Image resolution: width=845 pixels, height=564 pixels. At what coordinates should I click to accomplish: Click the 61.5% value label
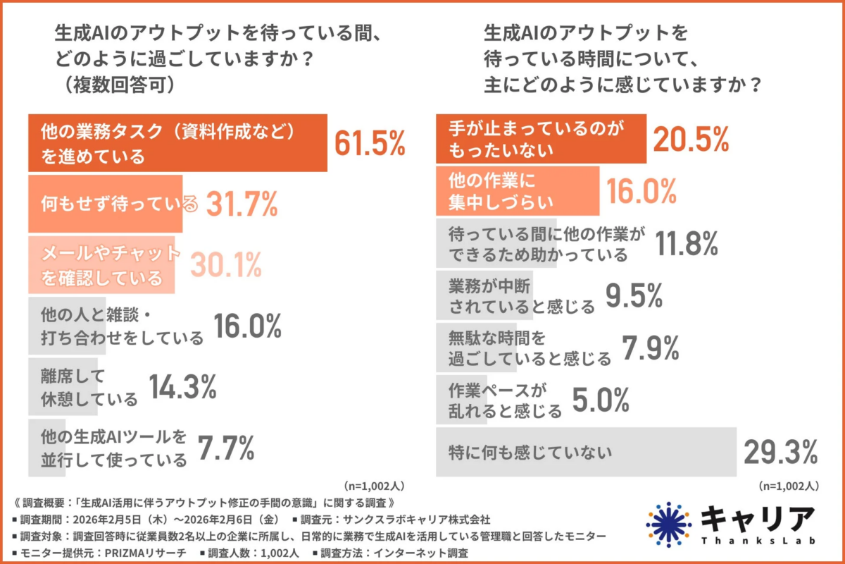[x=370, y=143]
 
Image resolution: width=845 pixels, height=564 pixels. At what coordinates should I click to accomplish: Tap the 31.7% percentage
[x=242, y=204]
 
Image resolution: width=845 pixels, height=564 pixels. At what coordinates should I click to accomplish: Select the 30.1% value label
[x=225, y=264]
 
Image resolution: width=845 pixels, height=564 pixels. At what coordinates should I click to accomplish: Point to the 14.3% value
[x=182, y=386]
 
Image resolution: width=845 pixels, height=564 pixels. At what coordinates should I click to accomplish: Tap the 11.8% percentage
[x=687, y=243]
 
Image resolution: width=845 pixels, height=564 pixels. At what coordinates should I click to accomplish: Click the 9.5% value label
[x=634, y=295]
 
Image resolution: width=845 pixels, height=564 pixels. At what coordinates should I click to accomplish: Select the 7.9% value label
[x=650, y=347]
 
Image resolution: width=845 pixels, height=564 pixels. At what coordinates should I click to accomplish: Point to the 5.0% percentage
[x=600, y=400]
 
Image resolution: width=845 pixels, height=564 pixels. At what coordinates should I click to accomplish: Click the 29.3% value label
[x=780, y=450]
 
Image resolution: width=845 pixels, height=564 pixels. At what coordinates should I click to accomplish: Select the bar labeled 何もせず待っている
[x=106, y=204]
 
